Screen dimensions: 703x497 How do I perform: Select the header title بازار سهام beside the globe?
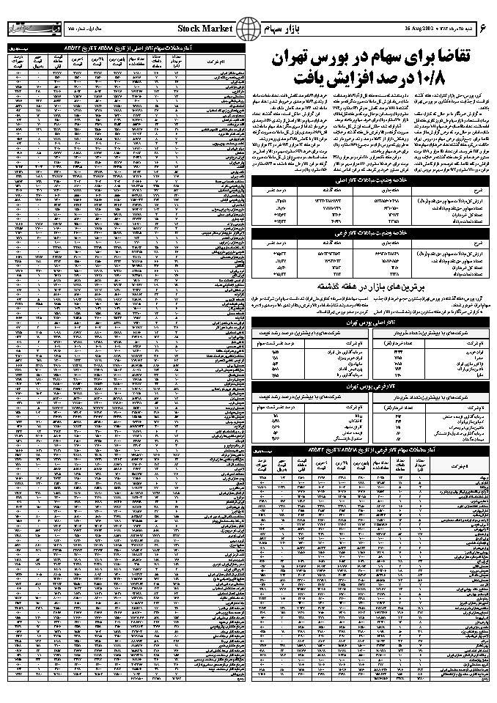click(x=287, y=29)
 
